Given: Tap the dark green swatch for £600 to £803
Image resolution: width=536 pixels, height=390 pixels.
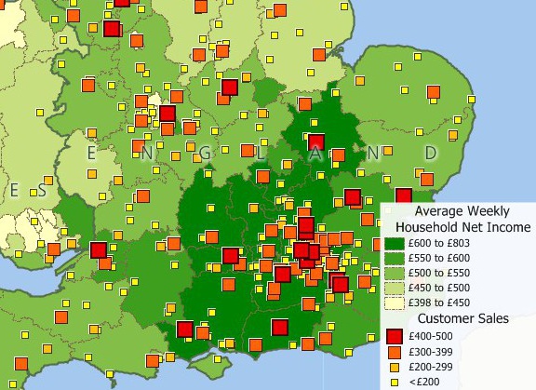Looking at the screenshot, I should click(395, 242).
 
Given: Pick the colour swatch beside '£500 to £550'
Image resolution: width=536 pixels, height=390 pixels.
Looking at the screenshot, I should click(395, 272).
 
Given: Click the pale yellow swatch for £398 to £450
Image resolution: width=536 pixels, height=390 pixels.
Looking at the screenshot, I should click(395, 302).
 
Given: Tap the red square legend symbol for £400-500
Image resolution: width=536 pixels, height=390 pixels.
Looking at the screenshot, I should click(395, 336).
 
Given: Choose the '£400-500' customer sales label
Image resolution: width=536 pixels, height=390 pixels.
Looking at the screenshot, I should click(435, 336).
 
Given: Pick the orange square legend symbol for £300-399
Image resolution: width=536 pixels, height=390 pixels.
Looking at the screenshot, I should click(395, 353).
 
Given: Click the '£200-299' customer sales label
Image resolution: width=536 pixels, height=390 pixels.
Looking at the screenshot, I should click(435, 368).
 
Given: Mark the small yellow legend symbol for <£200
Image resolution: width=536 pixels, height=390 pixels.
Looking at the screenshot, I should click(395, 382).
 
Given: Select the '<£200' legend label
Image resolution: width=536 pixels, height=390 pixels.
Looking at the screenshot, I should click(427, 382).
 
